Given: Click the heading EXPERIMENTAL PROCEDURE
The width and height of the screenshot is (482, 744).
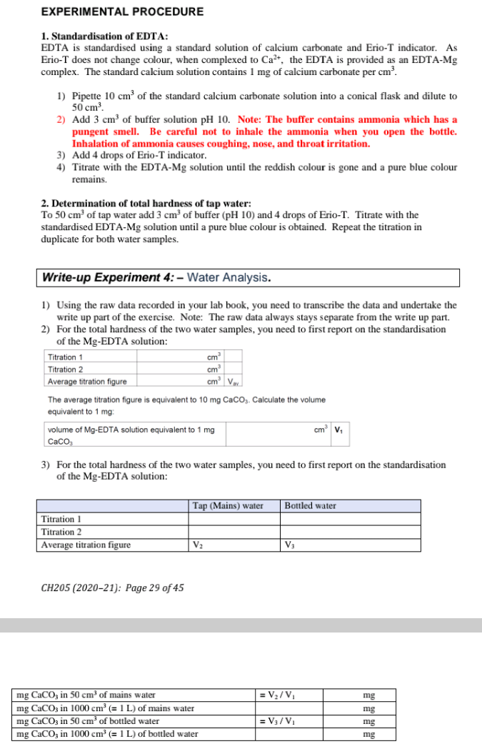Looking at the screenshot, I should [122, 11].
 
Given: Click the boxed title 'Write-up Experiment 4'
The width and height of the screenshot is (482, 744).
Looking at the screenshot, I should [156, 277].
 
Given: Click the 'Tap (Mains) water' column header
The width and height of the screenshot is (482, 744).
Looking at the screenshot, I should [228, 506].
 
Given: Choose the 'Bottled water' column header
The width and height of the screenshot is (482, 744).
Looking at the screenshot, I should [311, 506].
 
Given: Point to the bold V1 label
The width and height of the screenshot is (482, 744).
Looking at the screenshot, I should [338, 430].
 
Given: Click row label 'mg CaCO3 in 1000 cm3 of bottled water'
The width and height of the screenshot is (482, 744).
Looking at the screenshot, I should [107, 733].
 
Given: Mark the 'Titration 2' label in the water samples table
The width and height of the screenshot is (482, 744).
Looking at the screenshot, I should [61, 532].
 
